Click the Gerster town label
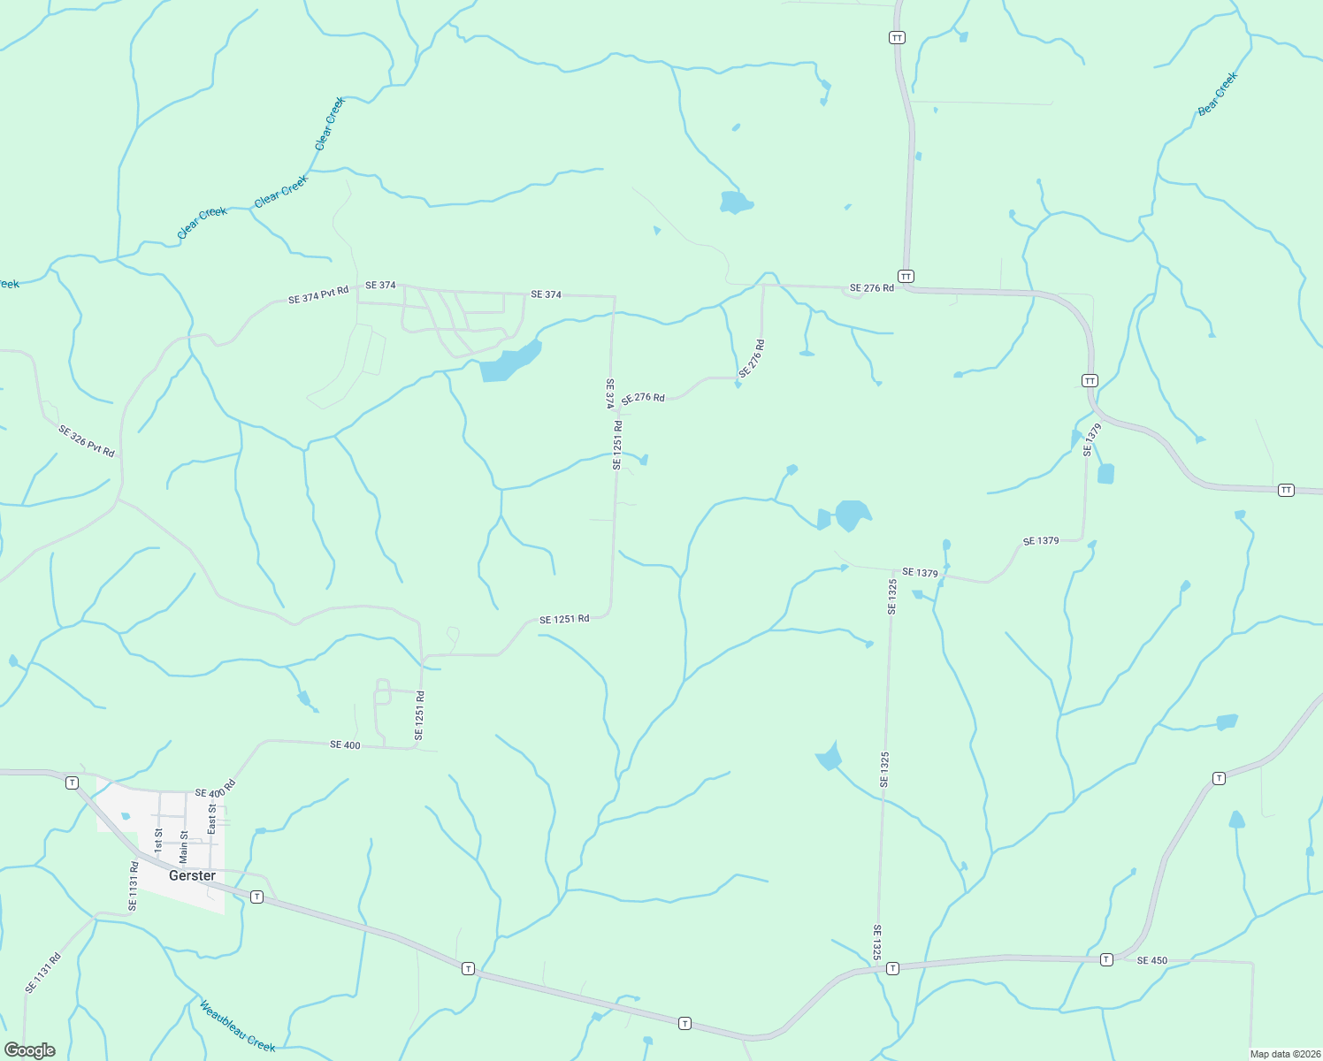click(x=192, y=875)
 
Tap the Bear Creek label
click(x=1218, y=94)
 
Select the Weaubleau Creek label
click(x=237, y=1027)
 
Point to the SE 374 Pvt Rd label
click(x=318, y=294)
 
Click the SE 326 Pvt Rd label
click(x=87, y=441)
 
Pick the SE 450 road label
click(x=1151, y=960)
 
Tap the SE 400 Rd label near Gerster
click(x=216, y=790)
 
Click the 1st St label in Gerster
click(x=159, y=840)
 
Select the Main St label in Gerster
click(x=184, y=846)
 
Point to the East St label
click(x=211, y=819)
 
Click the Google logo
click(x=30, y=1050)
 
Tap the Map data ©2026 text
click(x=1284, y=1054)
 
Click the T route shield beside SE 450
click(x=1106, y=959)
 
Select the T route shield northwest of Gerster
click(x=73, y=782)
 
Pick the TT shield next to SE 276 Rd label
click(x=906, y=277)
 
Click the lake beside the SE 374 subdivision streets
click(x=509, y=362)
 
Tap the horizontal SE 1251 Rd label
click(x=564, y=619)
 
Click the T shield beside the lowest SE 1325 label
click(x=893, y=968)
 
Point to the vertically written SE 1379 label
click(x=1093, y=439)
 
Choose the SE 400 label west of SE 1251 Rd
click(x=345, y=745)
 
